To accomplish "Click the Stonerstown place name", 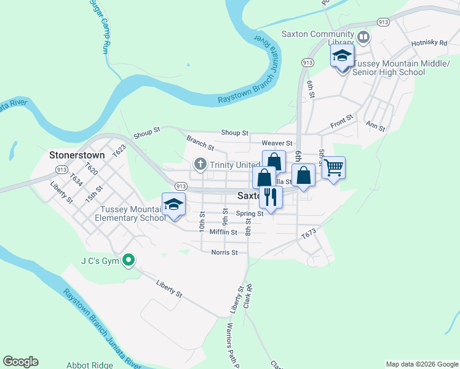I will tap(77, 156).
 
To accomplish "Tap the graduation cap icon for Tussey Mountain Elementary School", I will tap(173, 204).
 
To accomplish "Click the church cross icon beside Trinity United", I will tap(200, 164).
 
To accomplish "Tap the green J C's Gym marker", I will tap(129, 261).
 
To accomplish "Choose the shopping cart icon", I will tap(333, 167).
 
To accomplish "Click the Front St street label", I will tap(342, 118).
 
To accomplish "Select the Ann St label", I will tap(375, 125).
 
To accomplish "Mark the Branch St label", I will tap(200, 143).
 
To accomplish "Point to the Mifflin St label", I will tap(223, 232).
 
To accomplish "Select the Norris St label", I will tap(224, 252).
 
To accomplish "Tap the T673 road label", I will tap(308, 234).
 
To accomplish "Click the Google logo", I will tap(20, 362).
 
